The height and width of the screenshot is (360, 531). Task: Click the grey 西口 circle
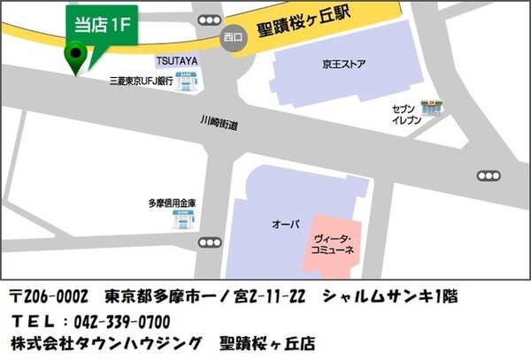[x=233, y=38]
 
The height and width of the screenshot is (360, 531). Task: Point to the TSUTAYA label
[x=177, y=62]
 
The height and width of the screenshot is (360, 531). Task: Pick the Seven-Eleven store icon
[x=434, y=106]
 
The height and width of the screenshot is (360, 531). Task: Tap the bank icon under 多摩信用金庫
[x=183, y=217]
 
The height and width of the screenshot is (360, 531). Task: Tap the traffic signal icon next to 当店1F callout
[x=210, y=20]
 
